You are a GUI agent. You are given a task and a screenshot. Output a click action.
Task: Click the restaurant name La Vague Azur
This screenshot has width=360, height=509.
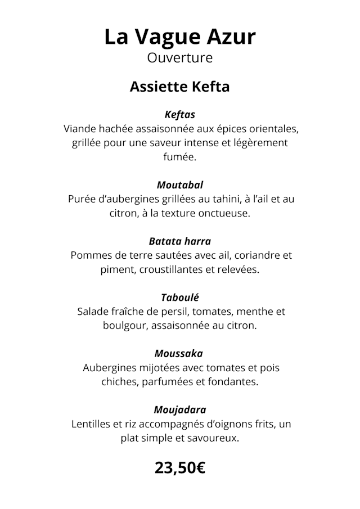pyautogui.click(x=180, y=37)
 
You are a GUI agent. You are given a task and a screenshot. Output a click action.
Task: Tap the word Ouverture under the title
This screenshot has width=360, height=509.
pyautogui.click(x=180, y=57)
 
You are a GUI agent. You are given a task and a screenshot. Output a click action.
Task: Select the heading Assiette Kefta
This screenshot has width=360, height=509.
pyautogui.click(x=180, y=87)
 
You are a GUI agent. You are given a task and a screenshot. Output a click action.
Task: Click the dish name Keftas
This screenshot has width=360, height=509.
pyautogui.click(x=180, y=115)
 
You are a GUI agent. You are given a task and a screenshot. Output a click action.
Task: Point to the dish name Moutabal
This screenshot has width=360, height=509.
pyautogui.click(x=180, y=185)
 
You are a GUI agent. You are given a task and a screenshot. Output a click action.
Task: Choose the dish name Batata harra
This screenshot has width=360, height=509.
pyautogui.click(x=180, y=241)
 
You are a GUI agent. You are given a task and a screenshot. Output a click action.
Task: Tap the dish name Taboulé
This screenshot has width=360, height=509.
pyautogui.click(x=180, y=298)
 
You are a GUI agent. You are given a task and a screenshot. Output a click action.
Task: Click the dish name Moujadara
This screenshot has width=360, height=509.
pyautogui.click(x=180, y=410)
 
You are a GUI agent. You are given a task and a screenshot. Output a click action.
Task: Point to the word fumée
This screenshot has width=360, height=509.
pyautogui.click(x=180, y=157)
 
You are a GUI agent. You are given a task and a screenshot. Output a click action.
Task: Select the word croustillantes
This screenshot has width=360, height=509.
pyautogui.click(x=169, y=269)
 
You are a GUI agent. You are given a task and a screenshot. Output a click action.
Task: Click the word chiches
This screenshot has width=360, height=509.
pyautogui.click(x=120, y=382)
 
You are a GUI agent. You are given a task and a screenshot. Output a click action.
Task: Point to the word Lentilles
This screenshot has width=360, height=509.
pyautogui.click(x=93, y=424)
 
